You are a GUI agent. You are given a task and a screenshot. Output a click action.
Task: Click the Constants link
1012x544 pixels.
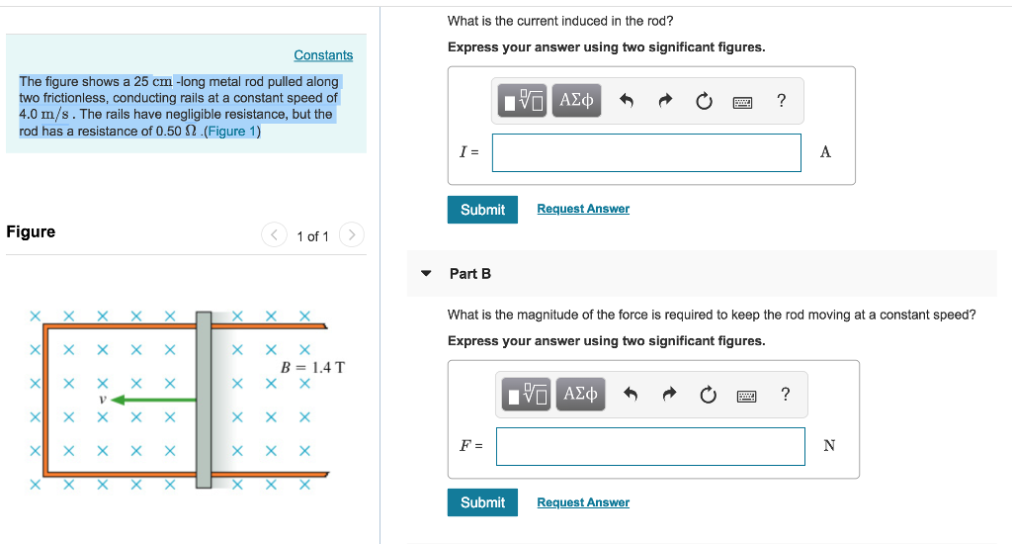tap(323, 55)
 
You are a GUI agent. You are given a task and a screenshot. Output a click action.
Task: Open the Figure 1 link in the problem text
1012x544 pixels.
tap(230, 132)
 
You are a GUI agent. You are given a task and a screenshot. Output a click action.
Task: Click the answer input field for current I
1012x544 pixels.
tap(646, 152)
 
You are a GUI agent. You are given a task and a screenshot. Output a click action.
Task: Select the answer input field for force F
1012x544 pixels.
tap(650, 446)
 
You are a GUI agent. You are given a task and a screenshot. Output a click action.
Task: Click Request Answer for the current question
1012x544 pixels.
tap(583, 209)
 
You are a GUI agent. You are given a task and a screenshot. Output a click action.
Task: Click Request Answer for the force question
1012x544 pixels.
tap(583, 502)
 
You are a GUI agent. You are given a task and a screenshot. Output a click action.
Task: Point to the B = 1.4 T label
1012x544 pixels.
tap(312, 367)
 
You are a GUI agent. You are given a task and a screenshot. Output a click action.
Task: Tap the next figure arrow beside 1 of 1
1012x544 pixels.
tap(351, 235)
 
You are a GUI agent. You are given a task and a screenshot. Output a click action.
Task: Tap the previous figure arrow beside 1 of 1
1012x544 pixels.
tap(273, 235)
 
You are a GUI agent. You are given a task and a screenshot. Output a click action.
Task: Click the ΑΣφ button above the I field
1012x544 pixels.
tap(576, 100)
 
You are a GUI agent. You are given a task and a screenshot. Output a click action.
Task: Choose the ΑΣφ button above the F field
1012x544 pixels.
tap(580, 395)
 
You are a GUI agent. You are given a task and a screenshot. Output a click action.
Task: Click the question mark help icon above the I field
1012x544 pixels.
tap(781, 100)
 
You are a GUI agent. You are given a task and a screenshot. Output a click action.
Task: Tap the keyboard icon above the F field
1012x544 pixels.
tap(746, 396)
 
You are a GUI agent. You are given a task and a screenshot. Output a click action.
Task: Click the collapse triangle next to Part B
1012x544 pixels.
tap(426, 274)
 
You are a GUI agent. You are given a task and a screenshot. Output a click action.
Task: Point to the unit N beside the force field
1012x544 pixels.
tap(828, 446)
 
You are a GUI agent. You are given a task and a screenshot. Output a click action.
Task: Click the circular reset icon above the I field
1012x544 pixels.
tap(704, 101)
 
